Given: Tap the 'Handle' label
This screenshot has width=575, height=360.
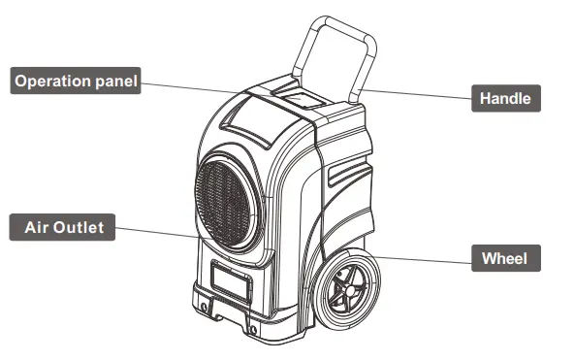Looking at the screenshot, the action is click(505, 97).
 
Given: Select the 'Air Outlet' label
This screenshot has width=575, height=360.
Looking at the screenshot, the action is click(64, 229).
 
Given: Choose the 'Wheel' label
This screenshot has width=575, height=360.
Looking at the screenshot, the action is click(504, 258).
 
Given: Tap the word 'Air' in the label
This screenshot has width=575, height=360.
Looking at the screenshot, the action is click(36, 229).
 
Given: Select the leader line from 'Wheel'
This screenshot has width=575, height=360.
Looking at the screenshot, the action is click(427, 258).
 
